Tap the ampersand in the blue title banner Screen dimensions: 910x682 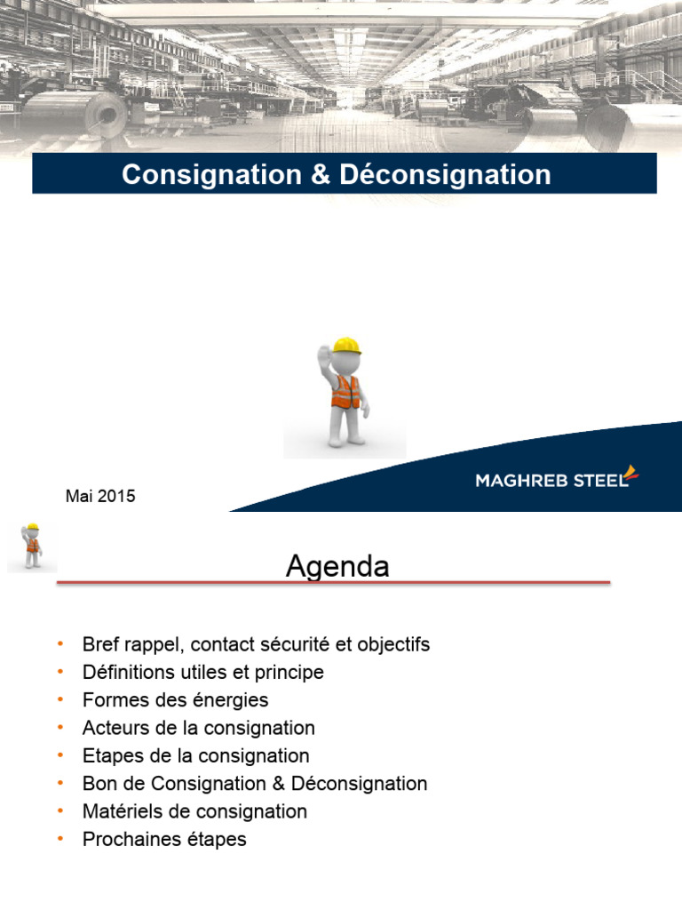(320, 175)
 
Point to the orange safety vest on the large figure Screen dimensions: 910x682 (346, 392)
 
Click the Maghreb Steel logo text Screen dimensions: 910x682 (551, 481)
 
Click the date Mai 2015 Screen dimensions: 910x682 (100, 497)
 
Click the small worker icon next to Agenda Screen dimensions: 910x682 (32, 546)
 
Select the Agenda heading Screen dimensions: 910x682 (337, 566)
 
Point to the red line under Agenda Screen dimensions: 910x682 (334, 584)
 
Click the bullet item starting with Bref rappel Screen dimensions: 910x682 (256, 644)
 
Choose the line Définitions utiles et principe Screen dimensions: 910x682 (202, 673)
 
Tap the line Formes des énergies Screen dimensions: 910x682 (175, 700)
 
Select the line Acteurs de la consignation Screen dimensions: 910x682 (198, 728)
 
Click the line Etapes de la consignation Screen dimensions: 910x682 (195, 756)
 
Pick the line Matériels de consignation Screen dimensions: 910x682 (194, 811)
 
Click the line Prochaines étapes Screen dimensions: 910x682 (164, 839)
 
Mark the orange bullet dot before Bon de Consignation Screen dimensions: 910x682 (60, 784)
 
